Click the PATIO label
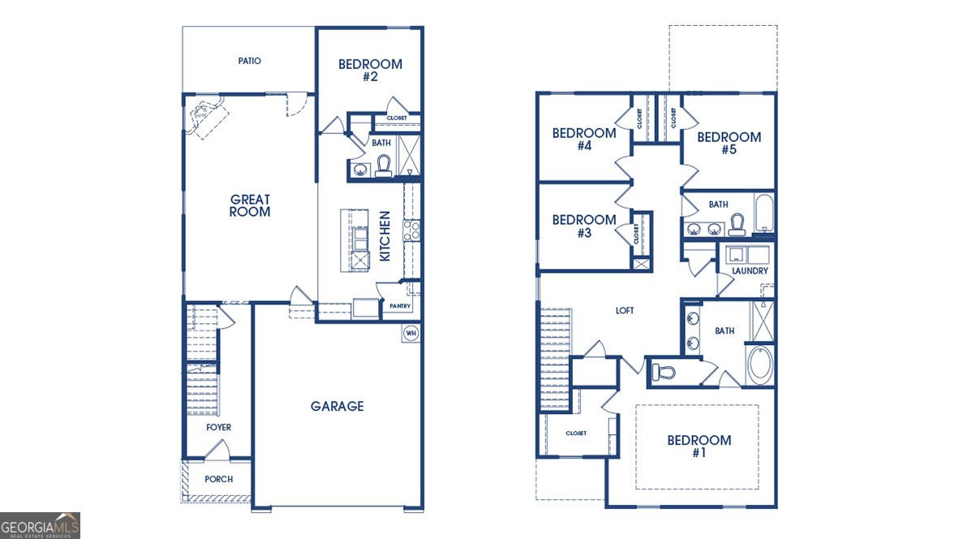click(x=250, y=61)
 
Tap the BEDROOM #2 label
click(x=370, y=71)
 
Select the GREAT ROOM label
click(x=250, y=205)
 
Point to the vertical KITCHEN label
click(x=385, y=236)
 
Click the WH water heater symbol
click(x=411, y=334)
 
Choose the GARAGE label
click(x=337, y=406)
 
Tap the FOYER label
click(x=218, y=428)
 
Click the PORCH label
click(x=219, y=479)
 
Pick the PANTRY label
click(x=400, y=306)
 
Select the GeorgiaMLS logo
click(x=41, y=525)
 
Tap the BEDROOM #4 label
click(x=584, y=140)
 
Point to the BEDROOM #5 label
click(x=729, y=143)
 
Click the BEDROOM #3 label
click(x=584, y=226)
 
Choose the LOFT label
click(x=625, y=311)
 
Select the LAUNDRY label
click(x=750, y=270)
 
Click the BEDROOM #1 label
click(x=699, y=446)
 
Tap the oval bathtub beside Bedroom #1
click(x=760, y=364)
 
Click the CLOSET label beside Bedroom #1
click(x=576, y=433)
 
